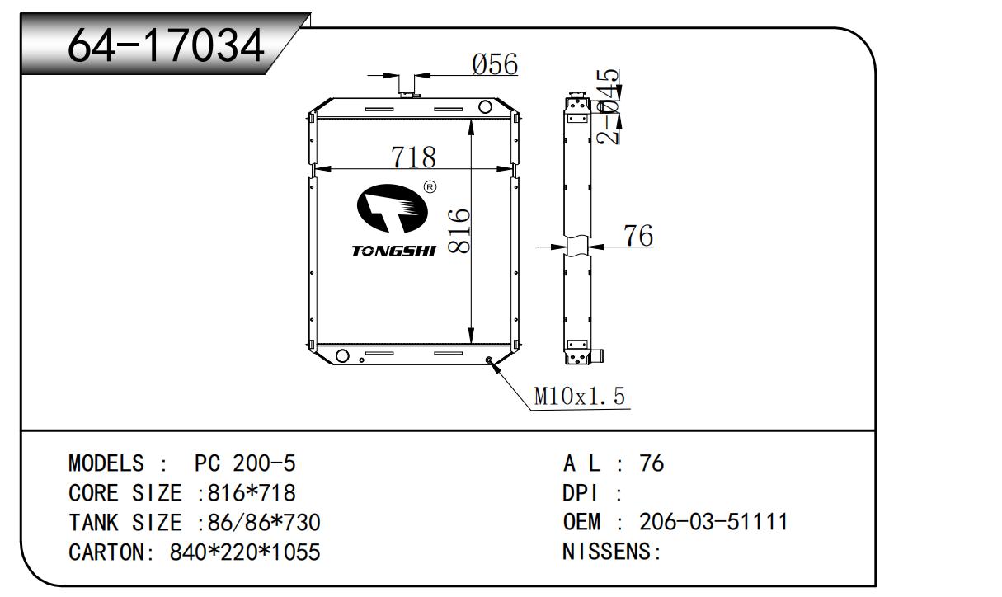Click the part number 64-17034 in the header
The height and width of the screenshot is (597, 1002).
click(166, 45)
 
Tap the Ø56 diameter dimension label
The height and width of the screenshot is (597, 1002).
click(495, 64)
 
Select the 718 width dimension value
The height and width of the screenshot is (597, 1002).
click(413, 157)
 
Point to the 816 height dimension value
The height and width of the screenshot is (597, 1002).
click(459, 231)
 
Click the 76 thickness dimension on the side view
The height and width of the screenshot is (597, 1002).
click(637, 236)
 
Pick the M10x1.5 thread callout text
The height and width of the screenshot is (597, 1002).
click(579, 396)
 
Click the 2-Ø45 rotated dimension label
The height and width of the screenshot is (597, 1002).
click(609, 106)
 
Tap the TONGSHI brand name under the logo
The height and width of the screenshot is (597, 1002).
click(393, 251)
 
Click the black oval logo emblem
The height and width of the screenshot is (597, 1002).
click(393, 209)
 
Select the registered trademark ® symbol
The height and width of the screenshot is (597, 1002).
click(430, 187)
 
